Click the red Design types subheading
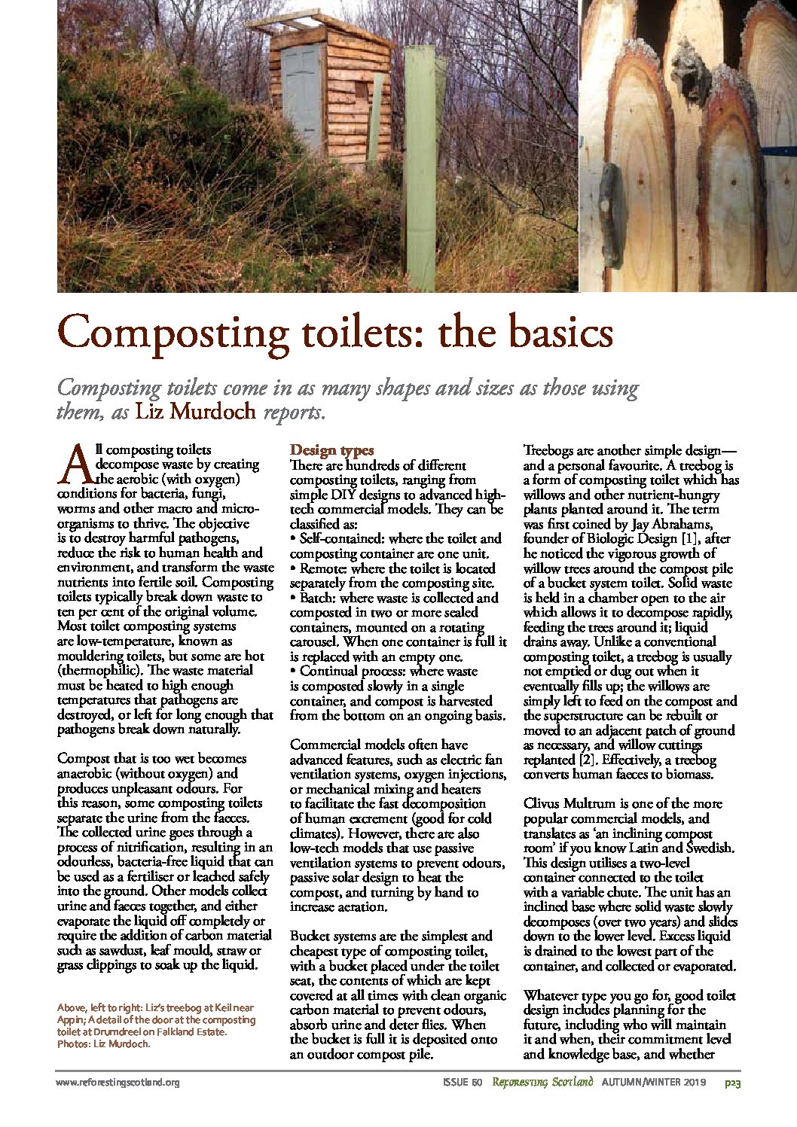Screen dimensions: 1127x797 pos(331,450)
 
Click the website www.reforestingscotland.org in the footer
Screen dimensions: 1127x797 pos(118,1083)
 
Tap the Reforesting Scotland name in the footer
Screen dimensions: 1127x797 pos(542,1083)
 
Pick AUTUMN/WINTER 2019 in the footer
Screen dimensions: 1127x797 pos(652,1083)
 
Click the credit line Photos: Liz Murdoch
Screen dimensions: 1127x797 pos(104,1044)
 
